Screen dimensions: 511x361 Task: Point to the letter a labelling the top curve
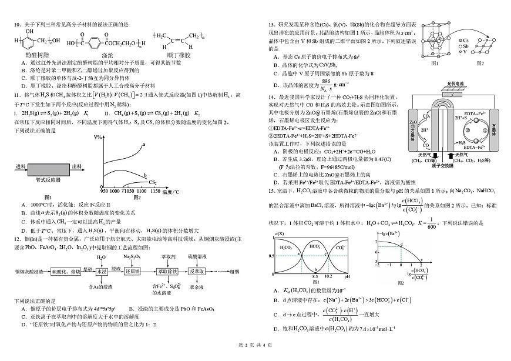click(143, 145)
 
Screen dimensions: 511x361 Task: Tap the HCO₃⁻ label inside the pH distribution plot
click(314, 247)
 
